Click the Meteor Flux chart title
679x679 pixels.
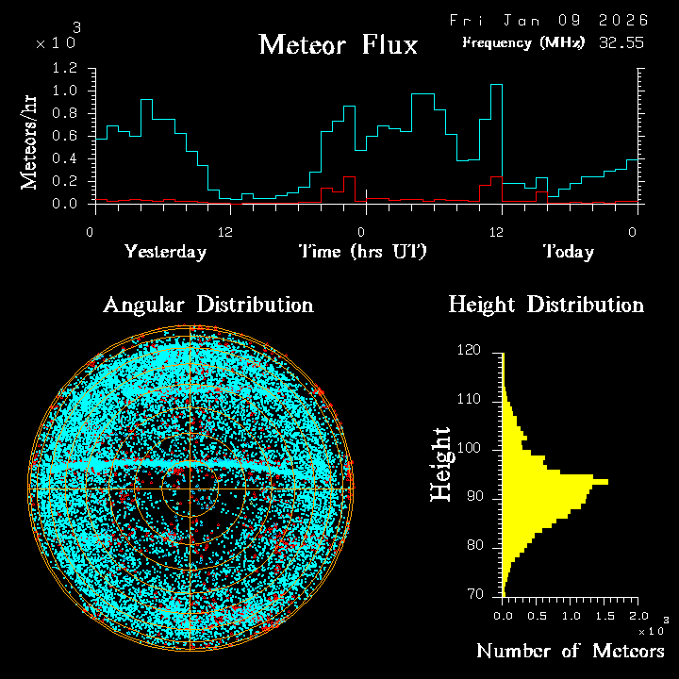pyautogui.click(x=338, y=44)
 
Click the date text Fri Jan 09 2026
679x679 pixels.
pyautogui.click(x=548, y=20)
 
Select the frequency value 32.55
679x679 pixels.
pyautogui.click(x=621, y=42)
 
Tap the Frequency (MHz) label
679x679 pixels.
pyautogui.click(x=523, y=42)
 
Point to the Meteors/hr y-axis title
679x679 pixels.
pyautogui.click(x=30, y=142)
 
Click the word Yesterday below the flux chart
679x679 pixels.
pyautogui.click(x=165, y=252)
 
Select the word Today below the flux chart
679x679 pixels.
pyautogui.click(x=568, y=252)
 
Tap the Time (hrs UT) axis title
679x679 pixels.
pyautogui.click(x=362, y=252)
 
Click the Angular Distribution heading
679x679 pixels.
pyautogui.click(x=207, y=305)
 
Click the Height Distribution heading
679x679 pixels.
pyautogui.click(x=546, y=305)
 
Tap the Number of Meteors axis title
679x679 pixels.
pyautogui.click(x=570, y=652)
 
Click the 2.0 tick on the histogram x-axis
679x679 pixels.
pyautogui.click(x=638, y=615)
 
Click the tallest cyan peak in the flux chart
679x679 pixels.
pyautogui.click(x=496, y=85)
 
